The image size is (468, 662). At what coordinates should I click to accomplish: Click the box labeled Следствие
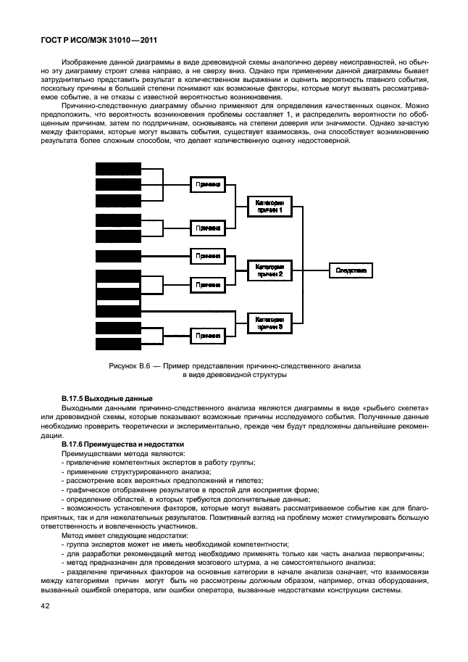tap(351, 270)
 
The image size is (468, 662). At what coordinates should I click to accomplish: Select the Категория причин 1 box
tap(269, 206)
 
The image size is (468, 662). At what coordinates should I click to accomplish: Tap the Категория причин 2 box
tap(269, 270)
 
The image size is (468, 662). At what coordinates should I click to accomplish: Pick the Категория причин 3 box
tap(269, 323)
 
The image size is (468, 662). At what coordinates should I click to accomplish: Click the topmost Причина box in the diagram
tap(209, 185)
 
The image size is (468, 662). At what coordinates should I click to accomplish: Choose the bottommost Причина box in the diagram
tap(209, 336)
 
